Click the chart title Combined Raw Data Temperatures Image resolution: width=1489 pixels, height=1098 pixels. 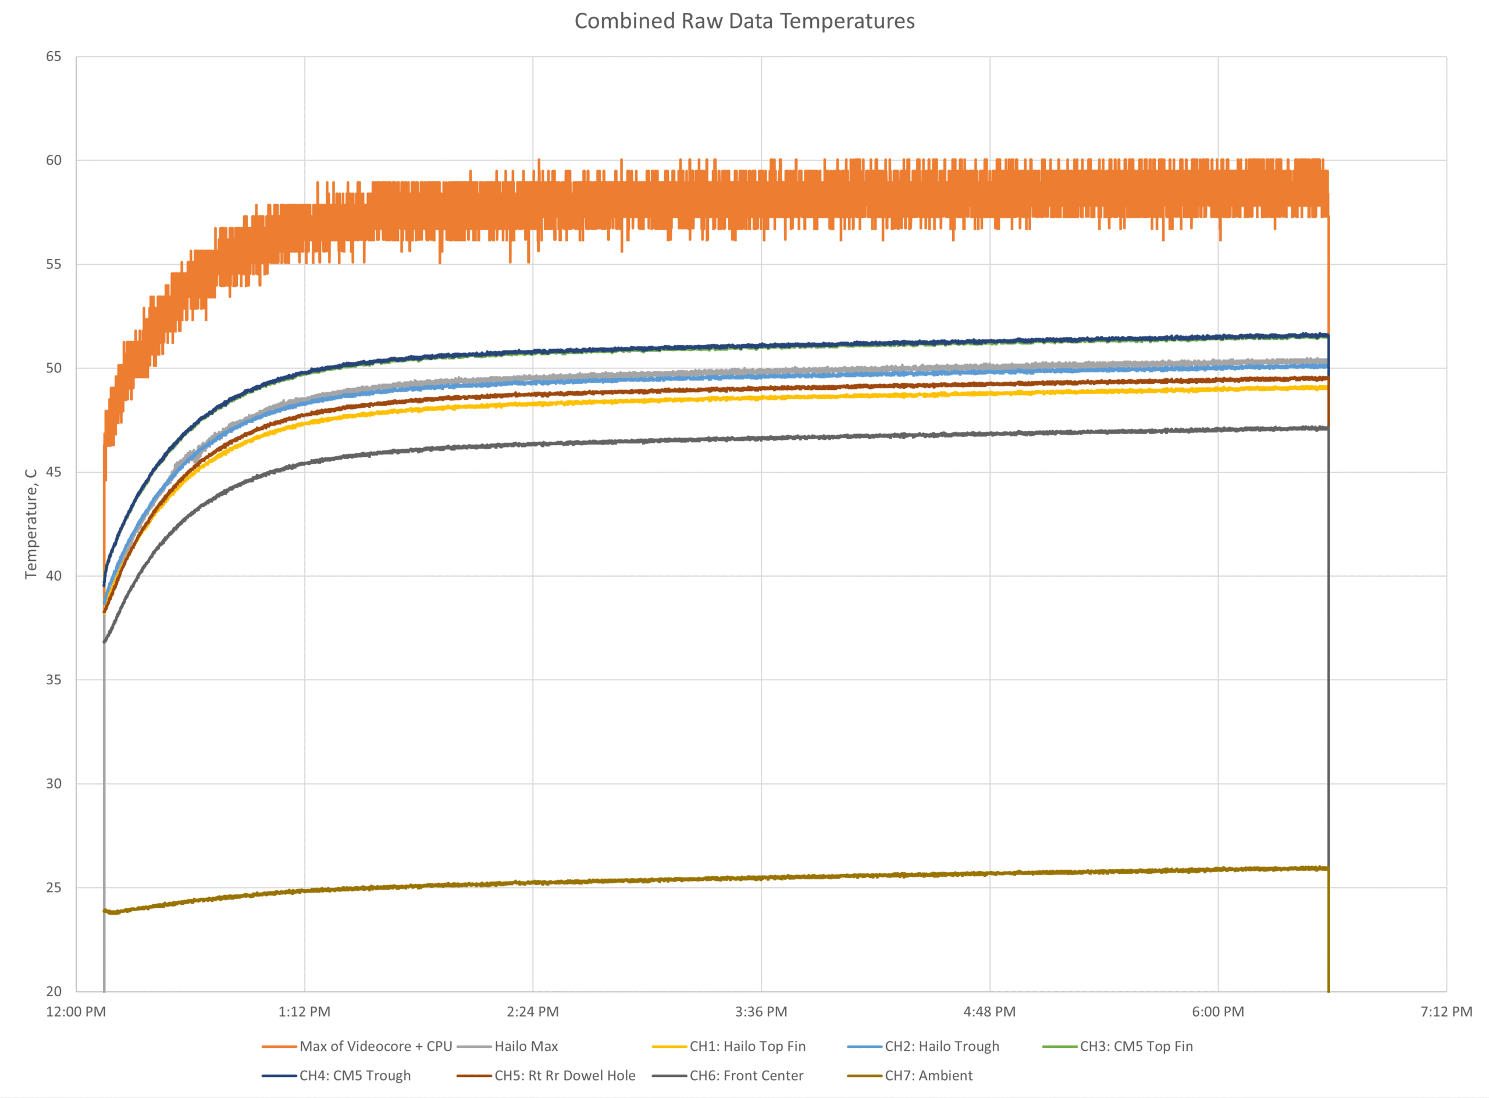[744, 22]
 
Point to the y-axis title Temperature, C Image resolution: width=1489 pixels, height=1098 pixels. [31, 523]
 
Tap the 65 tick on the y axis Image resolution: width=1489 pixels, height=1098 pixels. [53, 56]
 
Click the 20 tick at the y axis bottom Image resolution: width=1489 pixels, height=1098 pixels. [53, 991]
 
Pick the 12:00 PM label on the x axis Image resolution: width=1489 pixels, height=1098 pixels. [76, 1012]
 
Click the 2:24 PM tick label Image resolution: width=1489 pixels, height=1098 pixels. [532, 1012]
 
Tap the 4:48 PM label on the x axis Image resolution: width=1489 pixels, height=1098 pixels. [989, 1012]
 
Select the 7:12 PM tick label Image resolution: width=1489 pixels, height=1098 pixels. [1446, 1012]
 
